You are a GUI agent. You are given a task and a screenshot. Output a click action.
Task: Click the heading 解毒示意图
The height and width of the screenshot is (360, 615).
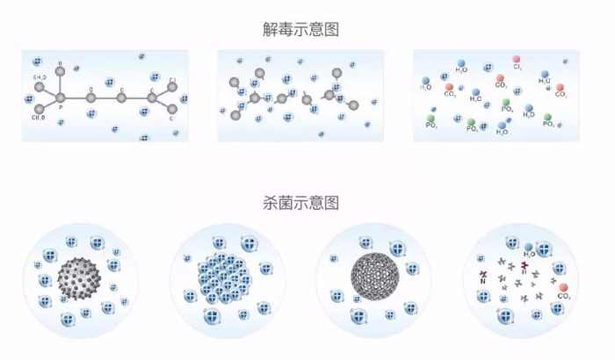[307, 30]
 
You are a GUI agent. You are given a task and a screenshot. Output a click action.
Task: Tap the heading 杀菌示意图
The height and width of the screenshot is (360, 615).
[307, 203]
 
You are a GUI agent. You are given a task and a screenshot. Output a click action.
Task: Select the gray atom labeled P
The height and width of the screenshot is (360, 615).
[61, 97]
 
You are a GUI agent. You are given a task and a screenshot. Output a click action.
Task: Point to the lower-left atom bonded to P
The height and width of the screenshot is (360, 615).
[40, 110]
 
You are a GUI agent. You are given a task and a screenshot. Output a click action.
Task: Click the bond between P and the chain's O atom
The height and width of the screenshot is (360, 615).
[76, 97]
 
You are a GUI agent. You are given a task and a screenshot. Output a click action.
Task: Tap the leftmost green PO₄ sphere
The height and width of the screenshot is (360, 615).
[431, 117]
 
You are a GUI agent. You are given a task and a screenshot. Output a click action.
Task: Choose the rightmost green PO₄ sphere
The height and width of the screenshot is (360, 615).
[548, 116]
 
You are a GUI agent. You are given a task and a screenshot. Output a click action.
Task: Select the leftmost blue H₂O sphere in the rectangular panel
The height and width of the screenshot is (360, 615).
[426, 80]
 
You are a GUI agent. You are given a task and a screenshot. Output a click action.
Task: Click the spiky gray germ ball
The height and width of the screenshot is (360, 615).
[80, 280]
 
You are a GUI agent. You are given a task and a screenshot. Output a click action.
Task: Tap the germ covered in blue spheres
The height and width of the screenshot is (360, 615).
[216, 278]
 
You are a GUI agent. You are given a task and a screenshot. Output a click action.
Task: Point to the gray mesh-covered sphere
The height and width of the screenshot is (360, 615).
[373, 277]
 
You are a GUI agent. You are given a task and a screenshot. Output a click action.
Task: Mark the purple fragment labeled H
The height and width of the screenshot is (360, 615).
[525, 264]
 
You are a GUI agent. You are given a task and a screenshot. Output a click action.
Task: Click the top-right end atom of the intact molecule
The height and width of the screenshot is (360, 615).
[173, 83]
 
